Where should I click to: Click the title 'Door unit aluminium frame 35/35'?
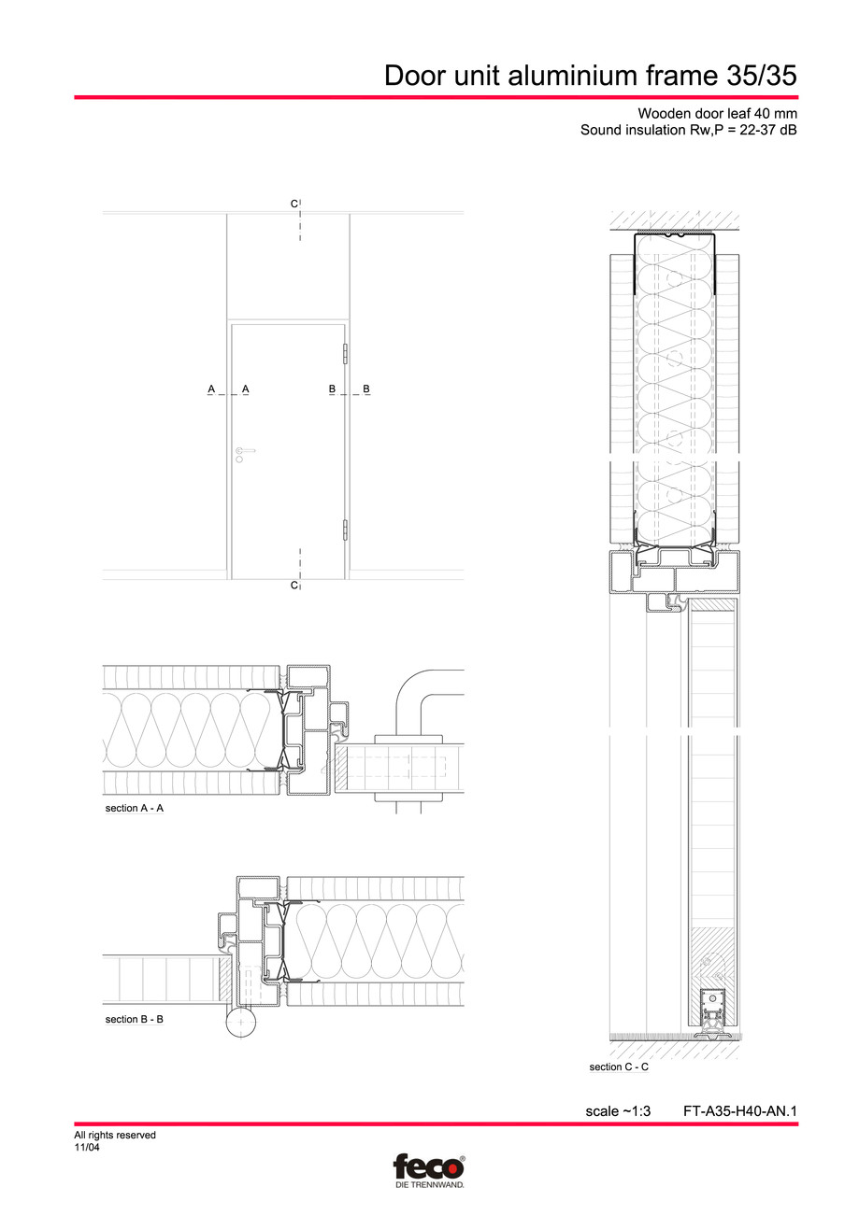coord(591,76)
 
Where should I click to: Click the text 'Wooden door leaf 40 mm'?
coord(717,113)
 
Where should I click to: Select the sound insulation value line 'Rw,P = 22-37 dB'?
coord(689,131)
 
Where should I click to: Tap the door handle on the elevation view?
coord(244,452)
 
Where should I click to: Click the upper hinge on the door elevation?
coord(346,354)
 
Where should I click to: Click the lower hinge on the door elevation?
coord(346,530)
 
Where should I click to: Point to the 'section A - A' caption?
coord(135,808)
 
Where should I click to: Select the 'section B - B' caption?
coord(135,1019)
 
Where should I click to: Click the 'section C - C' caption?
coord(619,1067)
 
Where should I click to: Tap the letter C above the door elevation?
coord(293,203)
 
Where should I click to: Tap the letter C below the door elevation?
coord(293,586)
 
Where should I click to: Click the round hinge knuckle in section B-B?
coord(240,1024)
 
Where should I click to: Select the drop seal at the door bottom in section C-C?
coord(715,1014)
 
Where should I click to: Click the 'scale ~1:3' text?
coord(617,1111)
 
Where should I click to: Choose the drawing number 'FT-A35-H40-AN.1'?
coord(739,1111)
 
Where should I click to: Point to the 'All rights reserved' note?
coord(115,1136)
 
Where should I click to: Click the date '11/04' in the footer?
coord(87,1148)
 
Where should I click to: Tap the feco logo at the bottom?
coord(428,1167)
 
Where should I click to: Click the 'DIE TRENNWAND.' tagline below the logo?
coord(427,1184)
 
